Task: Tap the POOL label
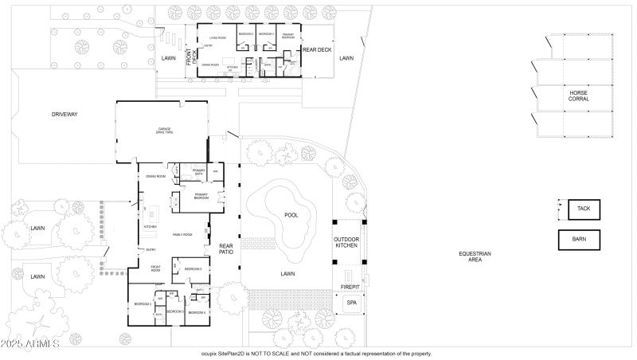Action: pos(292,215)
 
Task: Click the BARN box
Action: pos(579,239)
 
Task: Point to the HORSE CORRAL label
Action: pos(579,96)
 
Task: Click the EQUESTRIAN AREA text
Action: pos(475,256)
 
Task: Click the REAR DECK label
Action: pos(317,50)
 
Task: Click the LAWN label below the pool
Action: pos(287,273)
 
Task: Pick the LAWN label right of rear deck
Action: pos(346,58)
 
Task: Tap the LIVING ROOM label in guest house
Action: pos(218,37)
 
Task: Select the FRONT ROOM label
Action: pos(156,268)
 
